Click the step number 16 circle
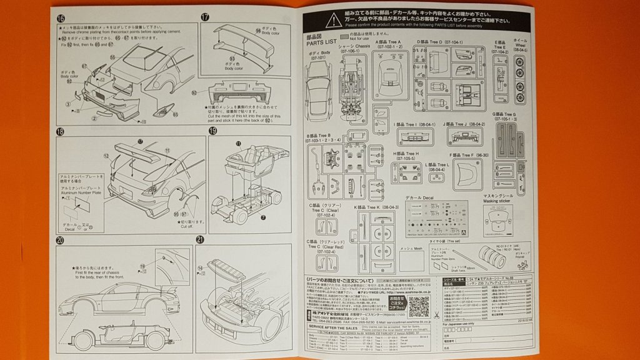pyautogui.click(x=60, y=18)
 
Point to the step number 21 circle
pyautogui.click(x=200, y=240)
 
